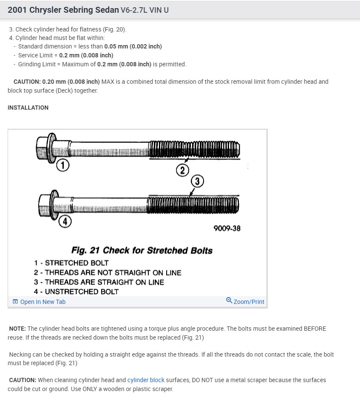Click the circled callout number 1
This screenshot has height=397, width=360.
click(x=63, y=165)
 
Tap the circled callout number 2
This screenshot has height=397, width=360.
click(x=182, y=170)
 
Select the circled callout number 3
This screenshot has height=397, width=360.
click(x=198, y=181)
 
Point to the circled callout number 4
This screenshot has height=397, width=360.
click(x=64, y=221)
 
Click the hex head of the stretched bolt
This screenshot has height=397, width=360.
click(x=44, y=148)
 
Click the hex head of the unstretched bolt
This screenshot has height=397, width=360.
click(x=45, y=205)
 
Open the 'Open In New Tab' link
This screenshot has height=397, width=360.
click(x=43, y=302)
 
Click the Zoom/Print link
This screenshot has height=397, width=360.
click(x=249, y=302)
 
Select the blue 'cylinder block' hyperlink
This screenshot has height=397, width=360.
click(x=146, y=380)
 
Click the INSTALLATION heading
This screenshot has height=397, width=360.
click(x=28, y=108)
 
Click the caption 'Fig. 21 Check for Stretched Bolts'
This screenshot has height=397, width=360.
click(x=142, y=250)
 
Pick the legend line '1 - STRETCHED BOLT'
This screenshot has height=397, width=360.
click(x=71, y=263)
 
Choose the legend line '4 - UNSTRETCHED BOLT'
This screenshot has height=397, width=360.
click(x=77, y=292)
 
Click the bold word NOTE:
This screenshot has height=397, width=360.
click(x=17, y=329)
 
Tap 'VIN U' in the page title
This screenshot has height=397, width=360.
click(x=156, y=10)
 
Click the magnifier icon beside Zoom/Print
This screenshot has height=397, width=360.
click(x=229, y=301)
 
